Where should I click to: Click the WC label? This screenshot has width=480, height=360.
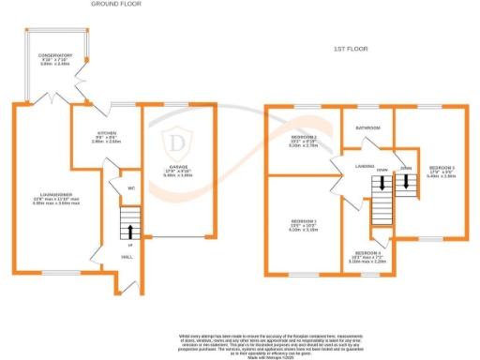click(131, 187)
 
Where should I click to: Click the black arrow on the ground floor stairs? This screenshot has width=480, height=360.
click(130, 230)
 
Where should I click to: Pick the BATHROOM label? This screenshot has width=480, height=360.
click(367, 127)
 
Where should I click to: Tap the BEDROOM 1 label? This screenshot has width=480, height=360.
click(303, 221)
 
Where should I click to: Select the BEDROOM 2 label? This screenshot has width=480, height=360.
click(303, 138)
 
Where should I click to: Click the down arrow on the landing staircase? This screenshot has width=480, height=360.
click(382, 185)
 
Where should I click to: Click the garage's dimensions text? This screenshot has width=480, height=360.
click(179, 175)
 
